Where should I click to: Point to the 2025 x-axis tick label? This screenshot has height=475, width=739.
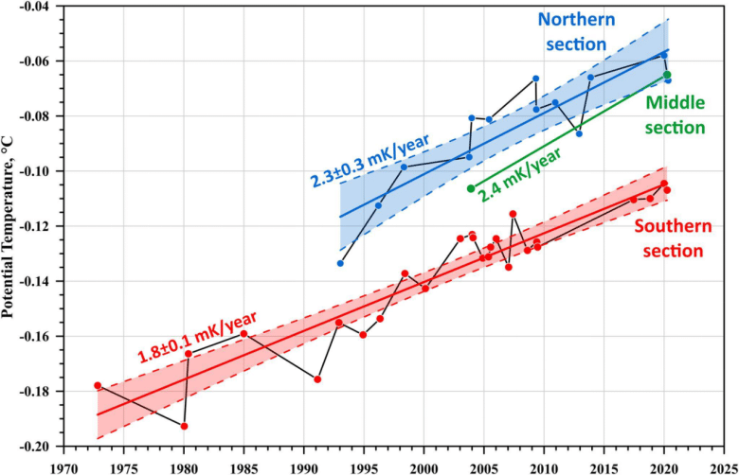coord(723,466)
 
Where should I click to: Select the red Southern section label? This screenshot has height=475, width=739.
coord(668,238)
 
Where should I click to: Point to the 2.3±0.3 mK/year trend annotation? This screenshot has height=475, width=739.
coord(369,158)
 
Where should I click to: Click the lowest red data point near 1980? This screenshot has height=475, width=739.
coord(184,426)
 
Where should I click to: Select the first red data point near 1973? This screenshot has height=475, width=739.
coord(98,385)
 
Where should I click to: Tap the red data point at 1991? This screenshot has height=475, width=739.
coord(317,379)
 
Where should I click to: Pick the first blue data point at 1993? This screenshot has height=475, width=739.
coord(340,263)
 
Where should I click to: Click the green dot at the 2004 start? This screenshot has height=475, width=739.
coord(471,188)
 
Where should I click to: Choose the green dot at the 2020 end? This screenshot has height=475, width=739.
coord(667,75)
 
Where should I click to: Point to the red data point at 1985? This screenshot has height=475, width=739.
coord(243,333)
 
